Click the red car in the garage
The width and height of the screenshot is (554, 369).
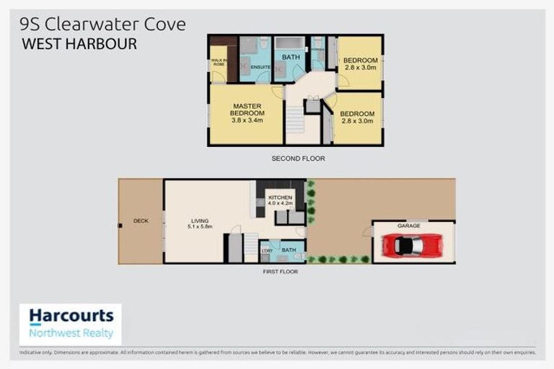412,246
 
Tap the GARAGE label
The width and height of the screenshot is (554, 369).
409,226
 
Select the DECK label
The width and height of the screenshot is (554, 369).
141,221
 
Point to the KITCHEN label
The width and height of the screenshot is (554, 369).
280,197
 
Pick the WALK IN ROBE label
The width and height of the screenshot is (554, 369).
218,62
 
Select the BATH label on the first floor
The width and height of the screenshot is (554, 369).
288,250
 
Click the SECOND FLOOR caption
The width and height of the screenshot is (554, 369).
298,158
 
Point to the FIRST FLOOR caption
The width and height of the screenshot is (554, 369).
281,272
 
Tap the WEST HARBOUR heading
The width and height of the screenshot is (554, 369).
79,44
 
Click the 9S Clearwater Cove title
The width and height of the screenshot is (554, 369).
103,24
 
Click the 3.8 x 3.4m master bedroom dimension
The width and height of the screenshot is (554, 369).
247,120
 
